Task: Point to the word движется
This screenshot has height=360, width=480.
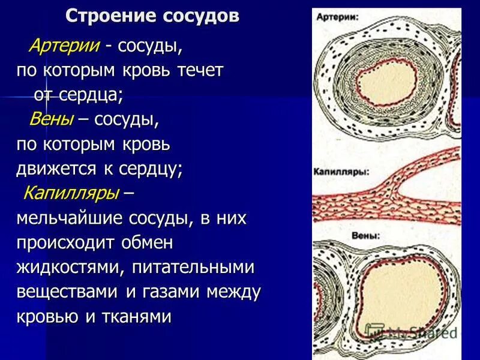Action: click(57, 169)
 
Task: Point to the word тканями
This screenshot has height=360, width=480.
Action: click(133, 317)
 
